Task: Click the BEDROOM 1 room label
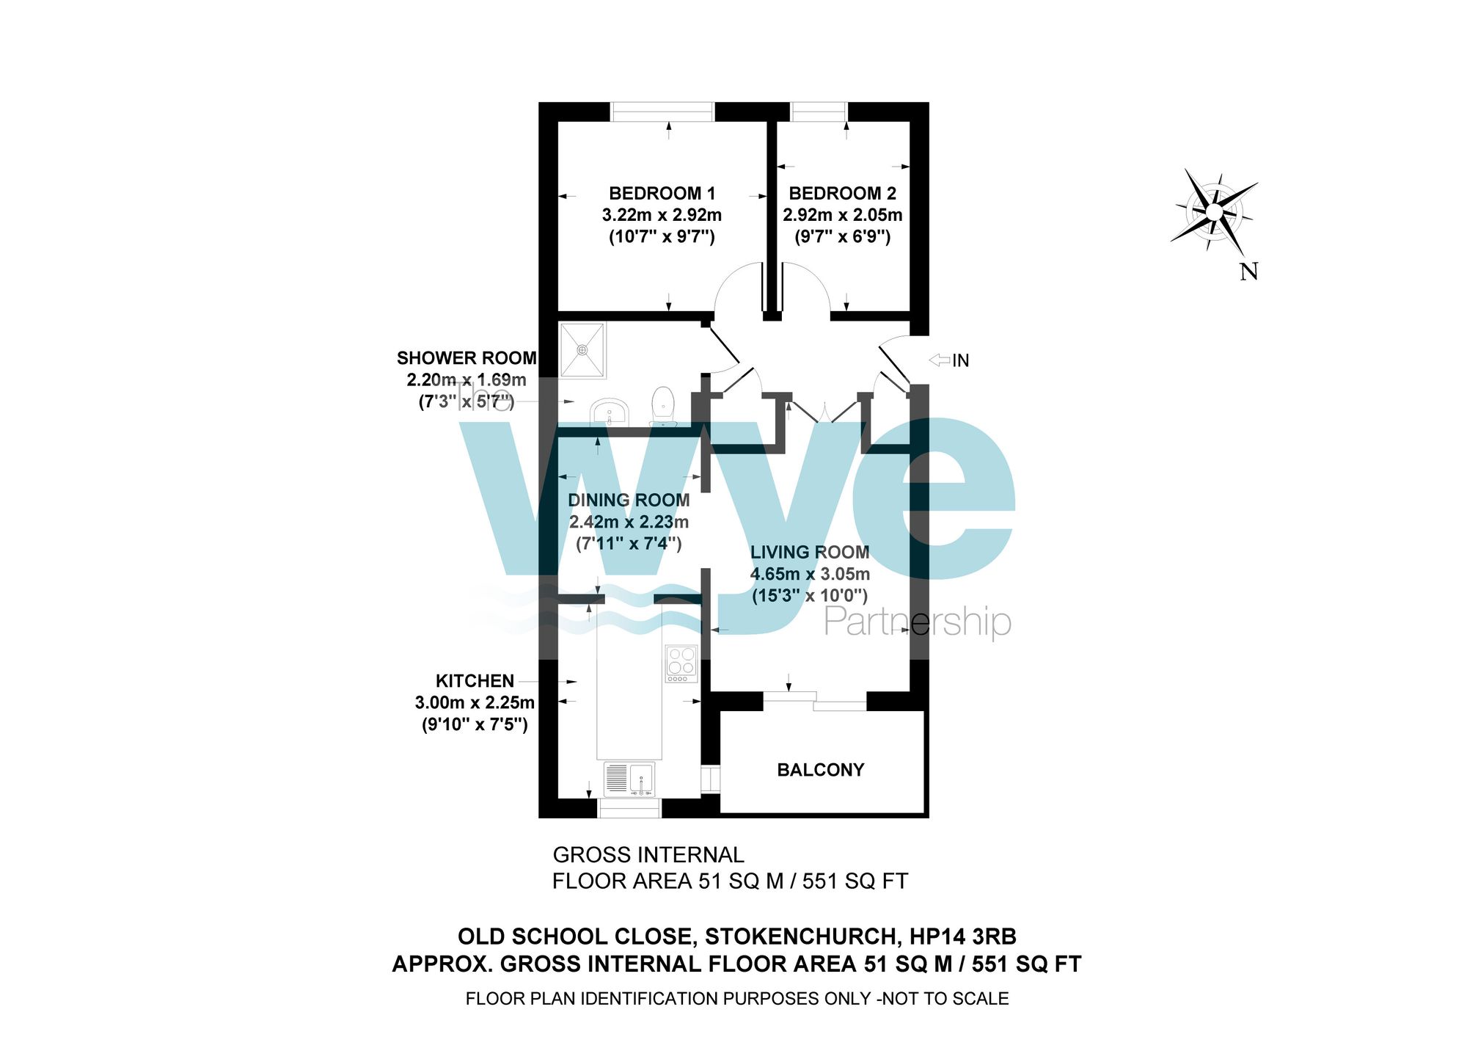click(662, 194)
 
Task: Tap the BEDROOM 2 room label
click(842, 194)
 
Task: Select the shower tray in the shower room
click(583, 350)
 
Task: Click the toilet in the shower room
click(663, 406)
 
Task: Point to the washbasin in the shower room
click(608, 412)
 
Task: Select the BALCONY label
click(820, 770)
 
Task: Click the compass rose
click(1214, 211)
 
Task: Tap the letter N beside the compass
click(1248, 272)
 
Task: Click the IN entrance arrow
click(940, 360)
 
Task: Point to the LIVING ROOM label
click(809, 553)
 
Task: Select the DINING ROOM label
click(629, 501)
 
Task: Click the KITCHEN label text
click(475, 681)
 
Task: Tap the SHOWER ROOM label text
click(467, 358)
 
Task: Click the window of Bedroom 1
click(662, 112)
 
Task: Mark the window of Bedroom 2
click(819, 112)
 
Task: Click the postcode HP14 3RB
click(962, 937)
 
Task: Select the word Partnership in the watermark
click(918, 622)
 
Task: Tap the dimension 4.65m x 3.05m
click(810, 574)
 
